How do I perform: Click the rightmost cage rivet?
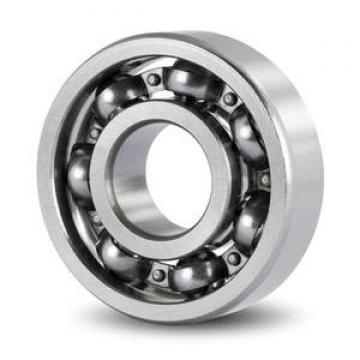[x=264, y=179]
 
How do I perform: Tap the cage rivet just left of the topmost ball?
[x=152, y=80]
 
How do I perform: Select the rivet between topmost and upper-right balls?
[x=230, y=99]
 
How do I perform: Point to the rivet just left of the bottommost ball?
[x=157, y=273]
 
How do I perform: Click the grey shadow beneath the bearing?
[x=200, y=335]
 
